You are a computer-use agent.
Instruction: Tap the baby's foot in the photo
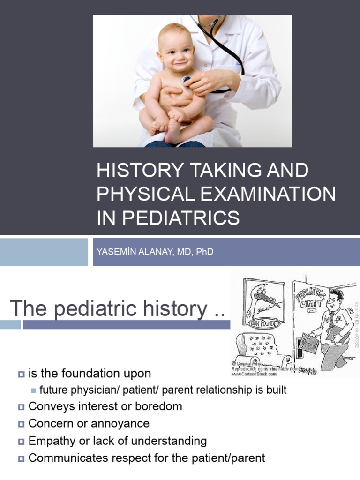172,132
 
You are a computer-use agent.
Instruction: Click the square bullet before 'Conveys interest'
21,407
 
